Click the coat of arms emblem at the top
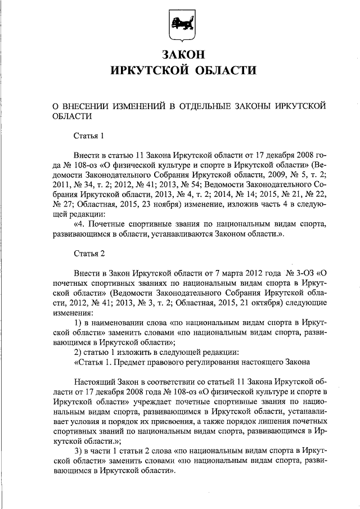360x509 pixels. tap(180, 26)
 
